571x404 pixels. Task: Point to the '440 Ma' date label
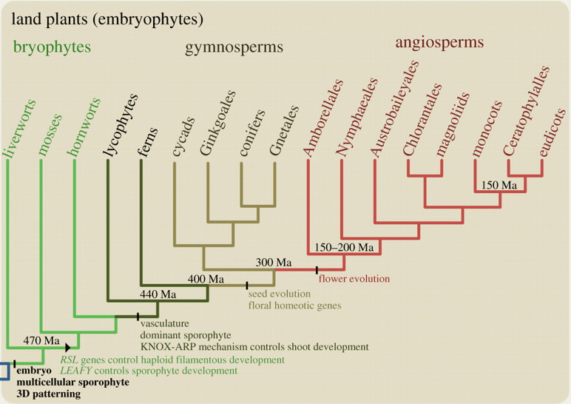158,294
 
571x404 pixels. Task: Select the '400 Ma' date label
205,279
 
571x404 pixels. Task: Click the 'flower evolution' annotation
353,279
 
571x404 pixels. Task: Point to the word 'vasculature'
165,323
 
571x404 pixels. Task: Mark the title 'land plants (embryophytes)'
107,16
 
